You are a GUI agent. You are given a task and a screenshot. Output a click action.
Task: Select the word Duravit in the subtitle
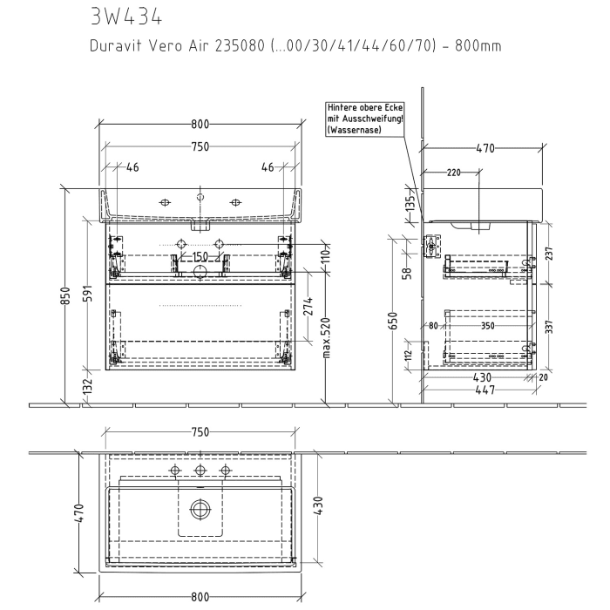pos(116,46)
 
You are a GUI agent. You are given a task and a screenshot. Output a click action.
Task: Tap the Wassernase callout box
pos(365,118)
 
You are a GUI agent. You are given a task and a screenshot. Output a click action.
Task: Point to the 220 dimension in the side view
pos(453,172)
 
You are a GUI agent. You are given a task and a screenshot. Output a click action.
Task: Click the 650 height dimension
pos(394,320)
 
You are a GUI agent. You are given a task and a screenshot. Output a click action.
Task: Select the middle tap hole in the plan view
pos(200,471)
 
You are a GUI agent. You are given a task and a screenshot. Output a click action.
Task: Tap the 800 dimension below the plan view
pos(200,596)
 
